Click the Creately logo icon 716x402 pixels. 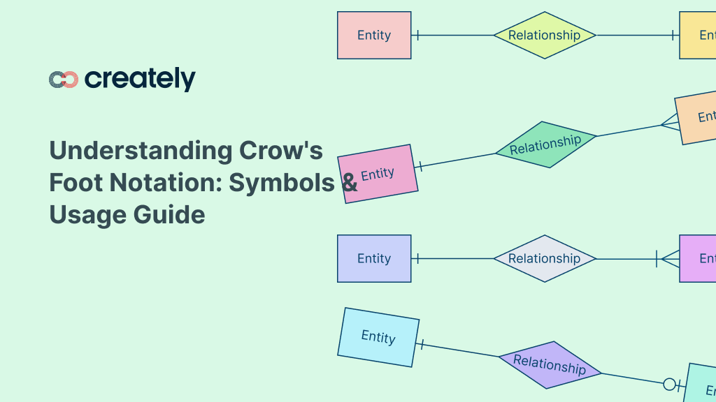[x=63, y=80]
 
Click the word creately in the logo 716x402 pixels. [x=140, y=79]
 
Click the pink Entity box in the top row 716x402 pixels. [x=374, y=35]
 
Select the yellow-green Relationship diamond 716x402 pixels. [x=544, y=35]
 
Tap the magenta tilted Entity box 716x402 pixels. [x=378, y=174]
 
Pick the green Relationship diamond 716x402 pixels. [x=545, y=144]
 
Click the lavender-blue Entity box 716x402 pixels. [x=374, y=258]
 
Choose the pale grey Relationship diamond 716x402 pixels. [x=544, y=258]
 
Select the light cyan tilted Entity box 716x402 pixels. [x=378, y=337]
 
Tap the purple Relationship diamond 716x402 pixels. [x=550, y=364]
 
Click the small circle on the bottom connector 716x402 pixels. [x=669, y=384]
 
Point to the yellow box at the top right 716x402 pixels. [x=699, y=35]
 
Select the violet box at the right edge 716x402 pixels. [x=699, y=258]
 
